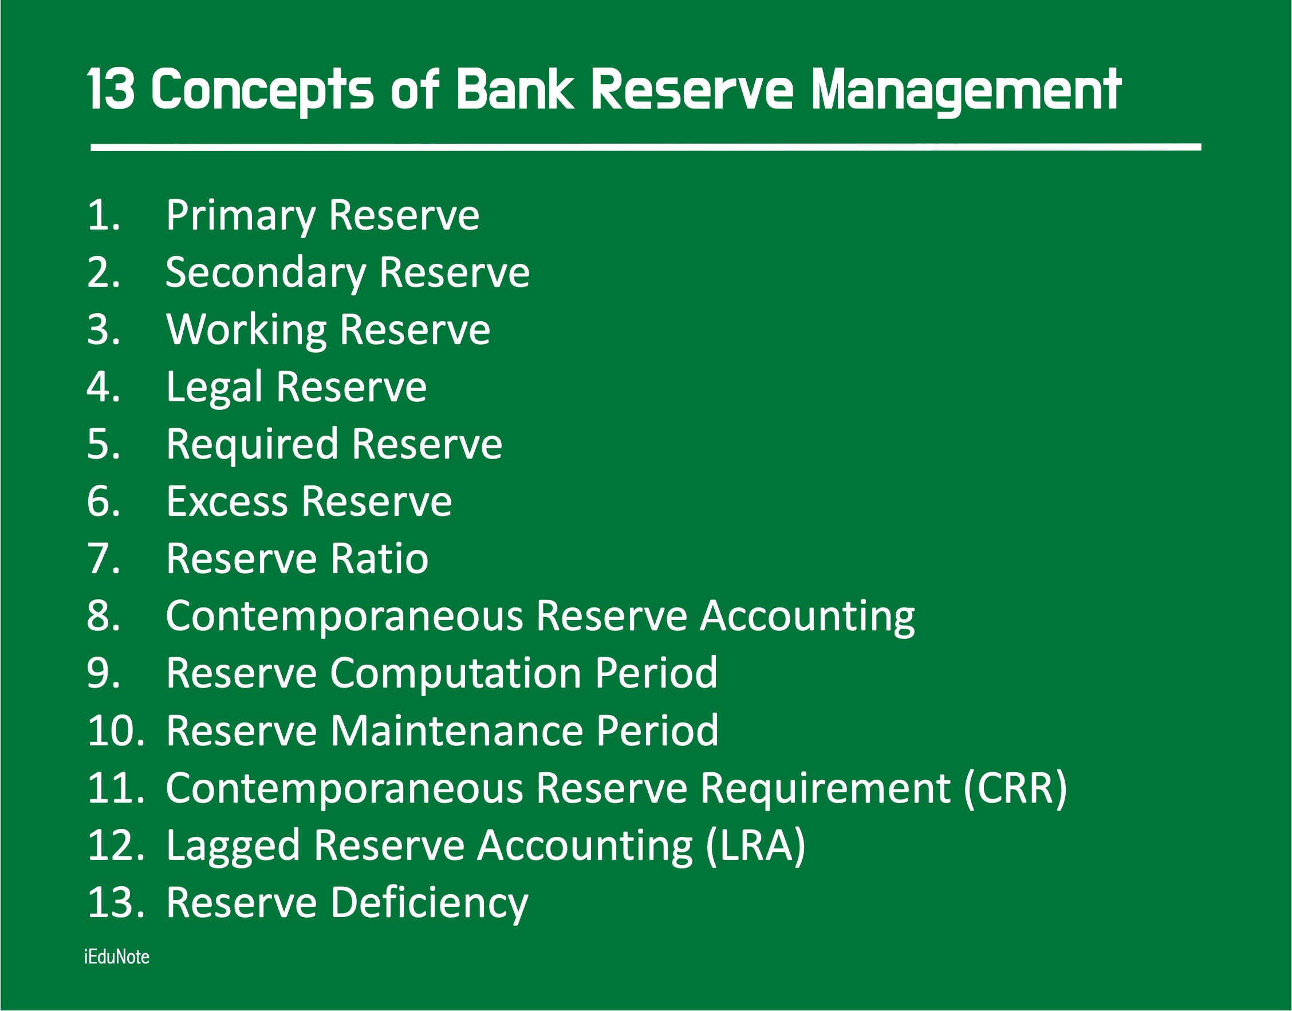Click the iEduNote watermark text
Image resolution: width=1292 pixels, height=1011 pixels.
click(117, 957)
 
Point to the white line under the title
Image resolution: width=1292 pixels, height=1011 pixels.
click(645, 146)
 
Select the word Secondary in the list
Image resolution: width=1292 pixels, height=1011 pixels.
click(266, 274)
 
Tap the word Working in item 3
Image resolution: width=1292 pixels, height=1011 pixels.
click(247, 331)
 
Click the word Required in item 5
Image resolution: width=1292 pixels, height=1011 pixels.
click(252, 445)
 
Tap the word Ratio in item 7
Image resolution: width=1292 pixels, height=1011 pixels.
click(380, 559)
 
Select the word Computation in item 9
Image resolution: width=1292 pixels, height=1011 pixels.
click(455, 674)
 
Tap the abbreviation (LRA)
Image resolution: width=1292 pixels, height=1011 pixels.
click(756, 846)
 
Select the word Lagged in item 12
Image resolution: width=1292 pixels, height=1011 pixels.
click(233, 847)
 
